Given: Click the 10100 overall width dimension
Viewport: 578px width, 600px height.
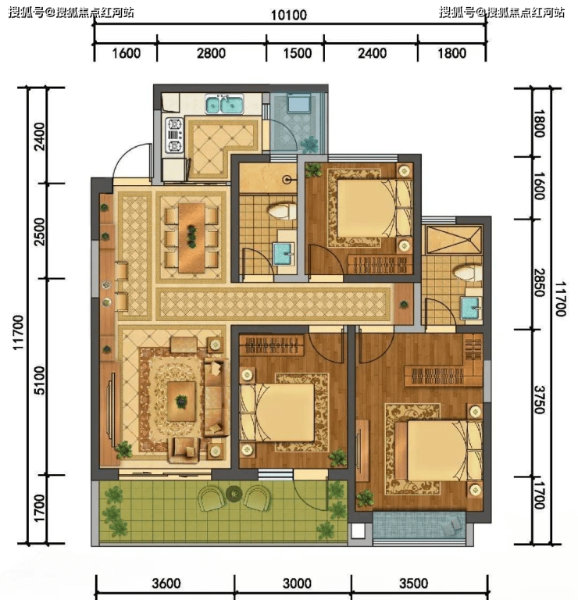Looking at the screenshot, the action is [x=289, y=16].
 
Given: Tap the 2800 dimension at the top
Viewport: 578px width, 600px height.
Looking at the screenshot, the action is [x=211, y=53].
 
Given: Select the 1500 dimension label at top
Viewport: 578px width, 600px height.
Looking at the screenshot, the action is [x=298, y=53].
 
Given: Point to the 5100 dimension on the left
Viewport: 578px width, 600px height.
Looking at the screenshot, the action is [x=40, y=380].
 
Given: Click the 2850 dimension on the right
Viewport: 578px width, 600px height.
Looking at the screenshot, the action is [x=540, y=283].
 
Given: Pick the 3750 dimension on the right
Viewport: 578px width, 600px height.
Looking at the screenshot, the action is [x=540, y=400].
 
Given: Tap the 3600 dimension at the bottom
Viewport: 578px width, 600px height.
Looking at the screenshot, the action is [x=166, y=583].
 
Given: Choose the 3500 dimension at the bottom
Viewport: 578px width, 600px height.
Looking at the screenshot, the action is [x=413, y=583].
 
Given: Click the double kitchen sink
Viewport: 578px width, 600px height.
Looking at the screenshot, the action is [x=224, y=105].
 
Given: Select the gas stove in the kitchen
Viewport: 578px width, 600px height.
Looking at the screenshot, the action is [x=174, y=135].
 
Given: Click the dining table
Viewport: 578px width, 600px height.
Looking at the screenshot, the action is [x=191, y=237].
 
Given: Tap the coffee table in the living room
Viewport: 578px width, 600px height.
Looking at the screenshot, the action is [x=181, y=401].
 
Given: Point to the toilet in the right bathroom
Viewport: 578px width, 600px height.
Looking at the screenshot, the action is [x=468, y=273].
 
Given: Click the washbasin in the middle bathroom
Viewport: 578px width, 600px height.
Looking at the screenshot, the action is [x=284, y=254].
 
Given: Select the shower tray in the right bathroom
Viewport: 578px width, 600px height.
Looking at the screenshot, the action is [x=454, y=240].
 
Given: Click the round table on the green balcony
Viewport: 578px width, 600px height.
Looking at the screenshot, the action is [x=233, y=494].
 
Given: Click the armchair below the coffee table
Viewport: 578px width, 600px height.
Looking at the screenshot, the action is [x=184, y=450].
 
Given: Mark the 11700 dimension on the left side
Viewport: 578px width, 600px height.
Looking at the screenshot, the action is [x=19, y=332].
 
